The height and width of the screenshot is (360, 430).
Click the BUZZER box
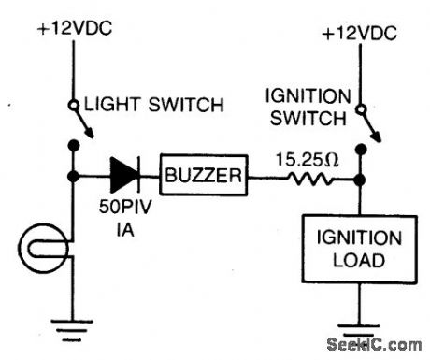pyautogui.click(x=205, y=174)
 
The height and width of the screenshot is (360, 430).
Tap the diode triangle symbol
pyautogui.click(x=126, y=174)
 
